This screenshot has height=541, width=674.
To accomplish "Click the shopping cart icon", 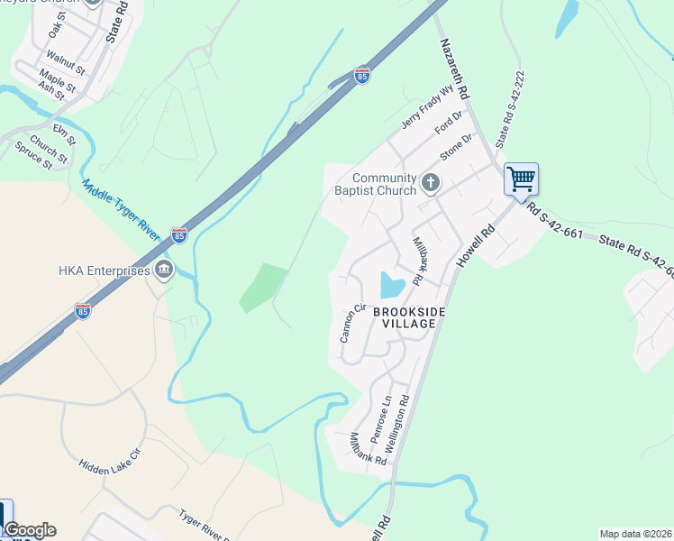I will click(x=521, y=179).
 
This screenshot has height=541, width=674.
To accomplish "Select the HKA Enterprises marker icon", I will click(x=163, y=269).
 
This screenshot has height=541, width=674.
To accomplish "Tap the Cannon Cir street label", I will click(x=351, y=323).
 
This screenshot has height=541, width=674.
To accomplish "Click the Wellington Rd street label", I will click(x=396, y=423).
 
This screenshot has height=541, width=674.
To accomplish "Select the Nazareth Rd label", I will click(x=454, y=69).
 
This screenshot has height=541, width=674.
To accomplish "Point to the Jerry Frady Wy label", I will click(x=424, y=107).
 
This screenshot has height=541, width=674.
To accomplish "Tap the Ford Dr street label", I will click(x=448, y=121).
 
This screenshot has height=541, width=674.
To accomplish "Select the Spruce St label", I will click(x=34, y=156).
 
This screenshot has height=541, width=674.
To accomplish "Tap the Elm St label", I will click(x=63, y=135).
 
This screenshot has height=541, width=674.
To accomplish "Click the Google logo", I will click(x=30, y=530).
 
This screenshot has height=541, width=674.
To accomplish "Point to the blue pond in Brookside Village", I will click(x=392, y=285).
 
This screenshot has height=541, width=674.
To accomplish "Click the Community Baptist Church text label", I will click(x=384, y=184).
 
